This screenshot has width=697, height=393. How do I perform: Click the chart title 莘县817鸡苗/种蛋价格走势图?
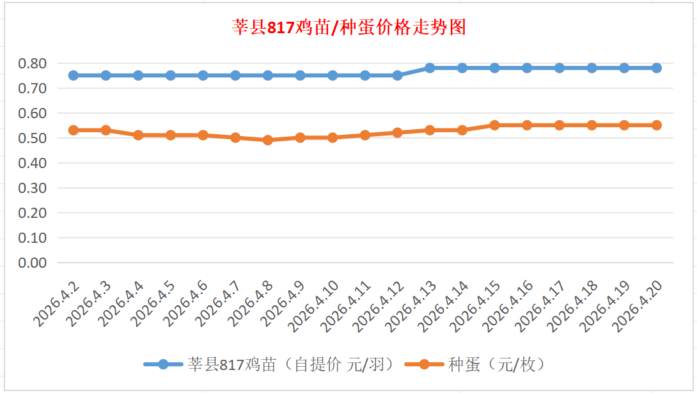coord(348,27)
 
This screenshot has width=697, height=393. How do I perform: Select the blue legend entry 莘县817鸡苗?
coord(275,364)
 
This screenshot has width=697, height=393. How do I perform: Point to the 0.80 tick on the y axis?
coord(33,63)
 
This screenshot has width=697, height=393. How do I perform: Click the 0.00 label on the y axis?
coord(33,263)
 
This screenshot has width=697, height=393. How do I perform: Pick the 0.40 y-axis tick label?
coord(33,163)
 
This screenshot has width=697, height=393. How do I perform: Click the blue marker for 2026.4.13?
coord(430,68)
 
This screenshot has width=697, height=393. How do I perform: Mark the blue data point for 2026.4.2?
coord(74,75)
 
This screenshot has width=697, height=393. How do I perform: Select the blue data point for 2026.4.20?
coord(656,68)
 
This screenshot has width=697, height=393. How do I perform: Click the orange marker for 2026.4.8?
coord(268,140)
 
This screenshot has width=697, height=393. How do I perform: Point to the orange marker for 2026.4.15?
coord(494,125)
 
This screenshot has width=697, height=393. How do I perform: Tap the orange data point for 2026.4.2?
coord(74,130)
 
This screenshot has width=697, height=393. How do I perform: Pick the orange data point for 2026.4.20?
coord(656,125)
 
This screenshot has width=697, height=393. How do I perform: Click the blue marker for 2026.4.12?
coord(397,75)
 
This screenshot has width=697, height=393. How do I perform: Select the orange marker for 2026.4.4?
coord(138,135)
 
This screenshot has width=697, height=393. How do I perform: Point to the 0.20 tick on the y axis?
coord(33,213)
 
